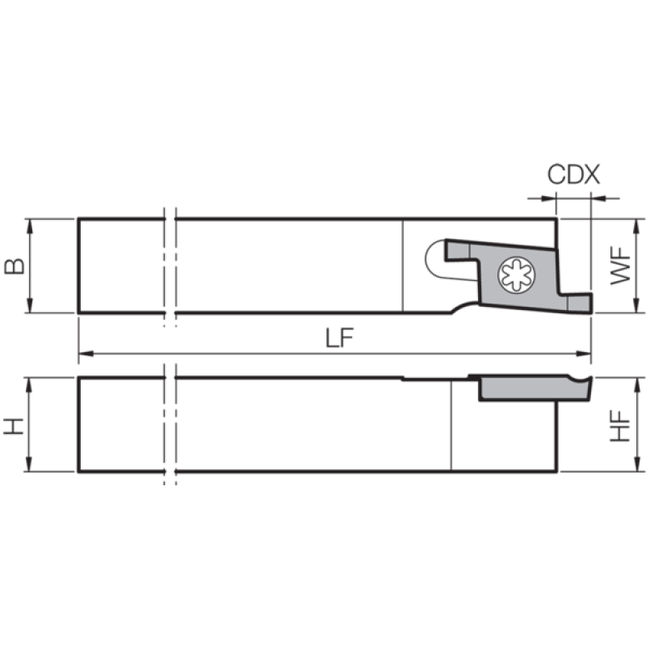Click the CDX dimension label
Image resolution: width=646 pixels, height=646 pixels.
(x=573, y=174)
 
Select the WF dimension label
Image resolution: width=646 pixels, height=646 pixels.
(x=620, y=266)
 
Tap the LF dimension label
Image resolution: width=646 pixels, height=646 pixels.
(x=339, y=338)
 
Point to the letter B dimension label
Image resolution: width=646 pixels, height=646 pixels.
(x=14, y=266)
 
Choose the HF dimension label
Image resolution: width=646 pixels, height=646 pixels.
(x=620, y=426)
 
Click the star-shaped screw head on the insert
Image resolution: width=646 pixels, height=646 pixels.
(x=516, y=275)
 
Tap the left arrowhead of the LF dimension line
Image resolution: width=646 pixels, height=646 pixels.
(x=86, y=354)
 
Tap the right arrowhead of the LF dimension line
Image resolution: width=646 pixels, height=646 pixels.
(x=583, y=354)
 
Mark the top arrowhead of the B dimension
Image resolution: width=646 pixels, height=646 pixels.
(x=29, y=226)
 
